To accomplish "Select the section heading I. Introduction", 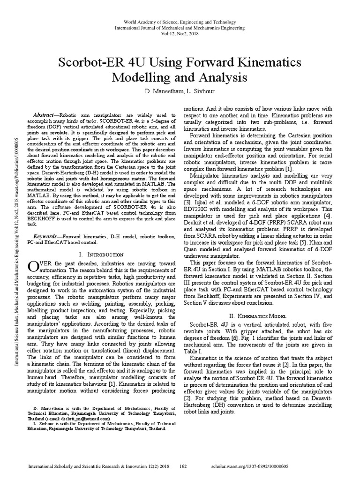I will coord(101,254).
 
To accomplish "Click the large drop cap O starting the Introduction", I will coord(33,266).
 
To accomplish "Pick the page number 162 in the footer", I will coord(184,467).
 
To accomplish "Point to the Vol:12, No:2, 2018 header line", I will coord(180,34).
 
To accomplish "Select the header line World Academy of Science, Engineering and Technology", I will coord(180,22).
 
